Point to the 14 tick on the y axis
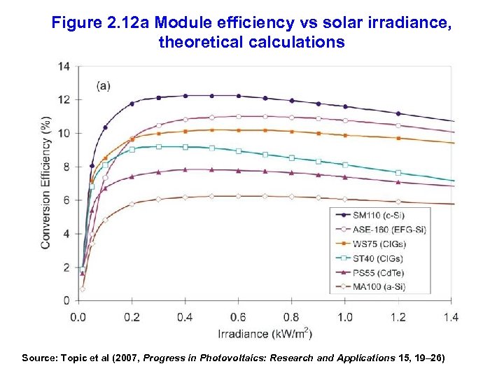pos(64,66)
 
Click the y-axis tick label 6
pos(66,200)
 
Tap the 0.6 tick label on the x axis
pos(238,317)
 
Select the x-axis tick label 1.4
pos(451,317)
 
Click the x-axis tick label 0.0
pos(78,317)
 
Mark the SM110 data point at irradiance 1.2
pos(398,113)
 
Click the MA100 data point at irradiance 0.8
pos(292,197)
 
